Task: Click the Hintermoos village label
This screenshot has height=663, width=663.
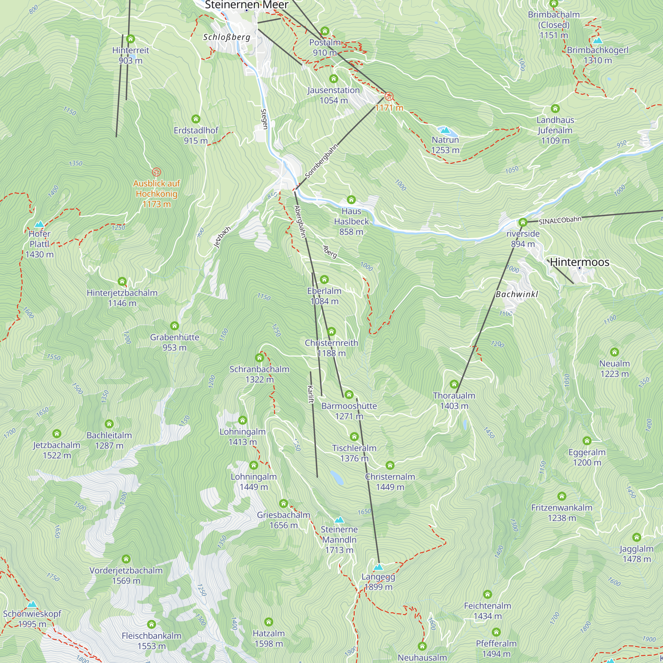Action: [579, 262]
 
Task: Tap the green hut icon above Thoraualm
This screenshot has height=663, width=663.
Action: [454, 384]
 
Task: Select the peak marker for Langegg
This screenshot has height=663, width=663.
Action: [378, 567]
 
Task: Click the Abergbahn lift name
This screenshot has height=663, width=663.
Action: [300, 221]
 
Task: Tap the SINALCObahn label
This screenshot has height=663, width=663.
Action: [560, 220]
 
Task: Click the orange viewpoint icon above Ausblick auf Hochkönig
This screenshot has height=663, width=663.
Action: [156, 172]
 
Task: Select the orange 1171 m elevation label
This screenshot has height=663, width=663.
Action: [389, 108]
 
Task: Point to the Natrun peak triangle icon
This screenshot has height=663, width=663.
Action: [445, 130]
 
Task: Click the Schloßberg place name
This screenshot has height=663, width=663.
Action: [226, 37]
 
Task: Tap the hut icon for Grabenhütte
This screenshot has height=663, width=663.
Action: [174, 325]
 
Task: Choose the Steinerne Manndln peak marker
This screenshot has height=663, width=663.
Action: [339, 519]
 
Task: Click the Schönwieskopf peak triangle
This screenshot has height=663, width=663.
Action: [32, 604]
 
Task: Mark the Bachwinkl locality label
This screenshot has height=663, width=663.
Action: [516, 294]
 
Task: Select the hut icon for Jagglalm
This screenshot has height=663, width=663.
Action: [636, 537]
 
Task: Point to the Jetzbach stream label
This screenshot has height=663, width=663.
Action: [222, 237]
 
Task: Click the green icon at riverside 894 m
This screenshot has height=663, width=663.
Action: [523, 222]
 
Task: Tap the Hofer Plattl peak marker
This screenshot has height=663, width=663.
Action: [39, 224]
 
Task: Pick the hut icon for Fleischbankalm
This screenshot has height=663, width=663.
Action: [151, 624]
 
